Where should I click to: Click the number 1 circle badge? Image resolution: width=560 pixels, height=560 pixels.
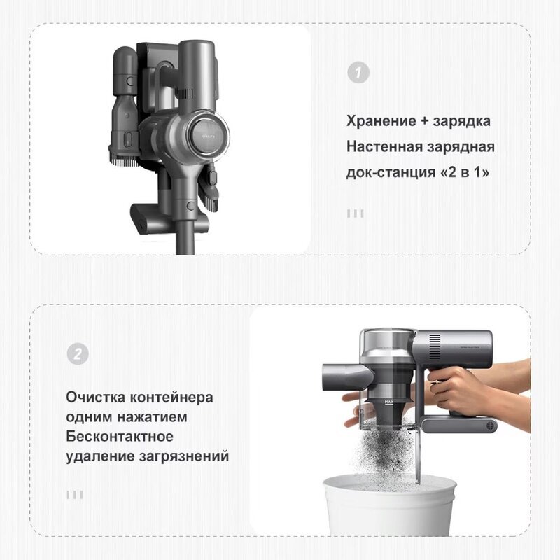coord(358,73)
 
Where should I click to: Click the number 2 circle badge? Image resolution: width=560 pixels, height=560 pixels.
coord(78,354)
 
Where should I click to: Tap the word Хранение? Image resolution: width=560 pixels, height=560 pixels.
coord(381,121)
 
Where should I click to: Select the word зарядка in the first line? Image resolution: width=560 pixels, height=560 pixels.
coord(461,122)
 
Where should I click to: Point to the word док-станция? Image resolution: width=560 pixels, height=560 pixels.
coord(391,172)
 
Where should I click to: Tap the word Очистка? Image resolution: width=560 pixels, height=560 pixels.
coord(95,397)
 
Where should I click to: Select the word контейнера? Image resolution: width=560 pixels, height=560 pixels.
coord(171,398)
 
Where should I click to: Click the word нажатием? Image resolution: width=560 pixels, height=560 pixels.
coord(152,417)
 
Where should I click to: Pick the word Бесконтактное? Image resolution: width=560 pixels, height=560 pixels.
coord(120,436)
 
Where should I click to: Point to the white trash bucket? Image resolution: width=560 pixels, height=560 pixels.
coord(390,505)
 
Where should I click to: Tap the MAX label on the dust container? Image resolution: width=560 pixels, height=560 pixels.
coord(389,402)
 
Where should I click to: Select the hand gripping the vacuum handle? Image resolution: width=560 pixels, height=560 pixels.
coord(454,391)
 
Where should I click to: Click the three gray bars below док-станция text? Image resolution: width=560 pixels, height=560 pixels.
coord(356,213)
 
